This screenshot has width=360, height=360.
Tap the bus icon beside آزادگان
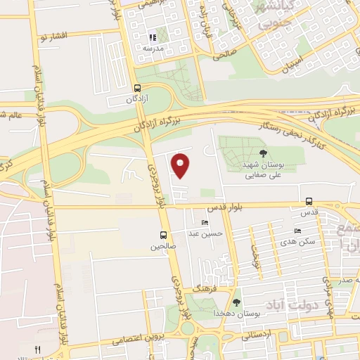(137, 89)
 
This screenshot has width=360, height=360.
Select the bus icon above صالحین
(163, 236)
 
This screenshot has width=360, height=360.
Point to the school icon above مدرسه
(152, 37)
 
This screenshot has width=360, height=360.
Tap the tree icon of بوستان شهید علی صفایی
(263, 153)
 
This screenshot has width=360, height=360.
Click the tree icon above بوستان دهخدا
(236, 302)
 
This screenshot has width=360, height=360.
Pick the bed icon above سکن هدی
(298, 231)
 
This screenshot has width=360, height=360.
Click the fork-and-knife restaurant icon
(38, 349)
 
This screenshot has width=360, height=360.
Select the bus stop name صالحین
(162, 247)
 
